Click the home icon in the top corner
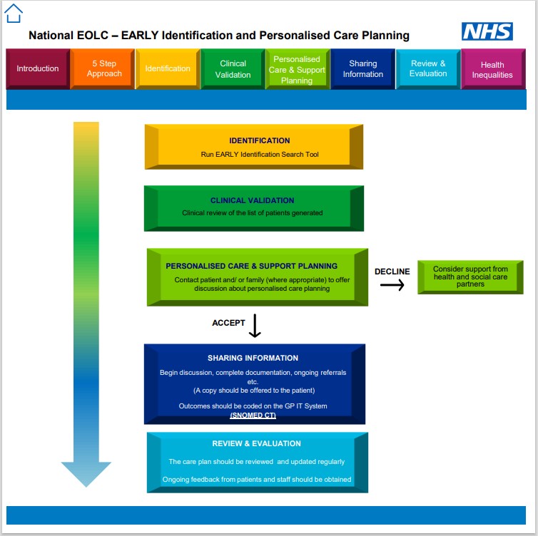pyautogui.click(x=14, y=13)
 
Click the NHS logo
pyautogui.click(x=487, y=31)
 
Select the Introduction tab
pyautogui.click(x=38, y=69)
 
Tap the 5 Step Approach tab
pyautogui.click(x=103, y=69)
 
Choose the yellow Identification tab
pyautogui.click(x=168, y=69)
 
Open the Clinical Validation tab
pyautogui.click(x=233, y=69)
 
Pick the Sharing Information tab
pyautogui.click(x=362, y=69)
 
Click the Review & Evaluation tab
pyautogui.click(x=427, y=69)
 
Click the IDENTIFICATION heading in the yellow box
pyautogui.click(x=260, y=140)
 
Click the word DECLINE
pyautogui.click(x=392, y=272)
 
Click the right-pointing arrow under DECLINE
pyautogui.click(x=392, y=285)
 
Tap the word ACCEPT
pyautogui.click(x=228, y=323)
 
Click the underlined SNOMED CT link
pyautogui.click(x=253, y=415)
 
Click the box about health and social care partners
pyautogui.click(x=470, y=277)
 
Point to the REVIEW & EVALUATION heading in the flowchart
pyautogui.click(x=256, y=443)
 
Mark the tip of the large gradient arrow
pyautogui.click(x=86, y=486)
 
